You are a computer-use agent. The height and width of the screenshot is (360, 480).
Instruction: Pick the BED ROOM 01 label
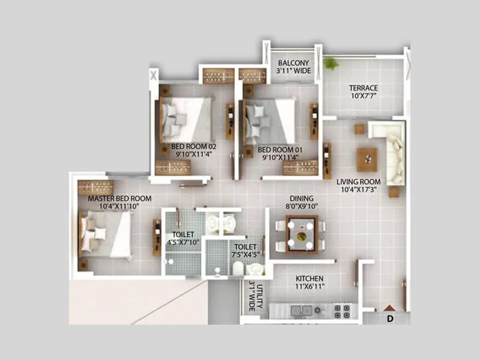(280, 150)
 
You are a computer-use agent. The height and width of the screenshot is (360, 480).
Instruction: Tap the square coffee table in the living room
(367, 159)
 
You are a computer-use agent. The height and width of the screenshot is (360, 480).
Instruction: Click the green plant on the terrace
(329, 63)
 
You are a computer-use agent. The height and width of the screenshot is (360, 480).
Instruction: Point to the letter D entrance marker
(390, 317)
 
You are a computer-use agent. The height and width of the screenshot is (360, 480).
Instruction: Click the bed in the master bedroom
(106, 233)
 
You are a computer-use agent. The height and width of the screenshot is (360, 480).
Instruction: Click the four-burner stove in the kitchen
(341, 311)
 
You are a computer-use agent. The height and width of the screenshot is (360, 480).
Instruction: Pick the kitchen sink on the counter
(298, 310)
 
